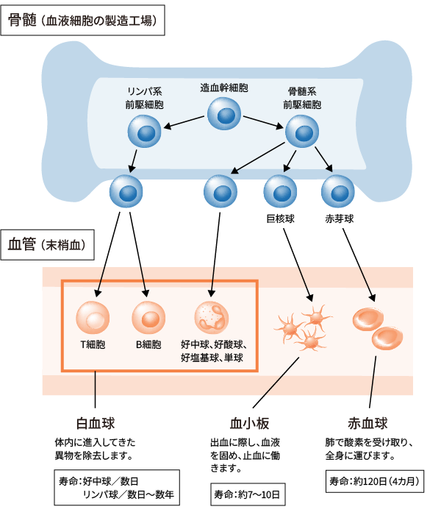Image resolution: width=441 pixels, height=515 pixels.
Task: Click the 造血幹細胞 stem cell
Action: [223, 114]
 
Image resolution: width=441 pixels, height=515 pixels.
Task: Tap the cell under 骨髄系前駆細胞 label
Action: [301, 132]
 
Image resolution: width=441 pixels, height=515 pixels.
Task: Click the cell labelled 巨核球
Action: [280, 191]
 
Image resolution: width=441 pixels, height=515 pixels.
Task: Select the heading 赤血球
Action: [368, 424]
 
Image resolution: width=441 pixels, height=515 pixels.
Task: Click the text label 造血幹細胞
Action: [224, 87]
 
